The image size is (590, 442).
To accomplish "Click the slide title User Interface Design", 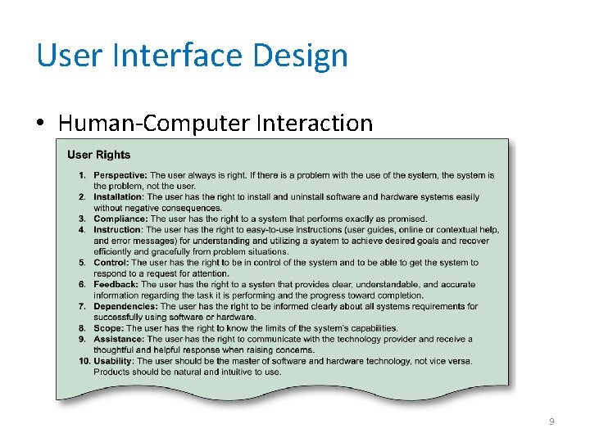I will (193, 56).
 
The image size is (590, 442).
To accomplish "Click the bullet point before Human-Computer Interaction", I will (40, 124).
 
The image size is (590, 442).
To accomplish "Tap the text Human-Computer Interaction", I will (216, 124).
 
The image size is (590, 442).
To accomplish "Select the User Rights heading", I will (98, 155).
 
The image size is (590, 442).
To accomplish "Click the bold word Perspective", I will (120, 175).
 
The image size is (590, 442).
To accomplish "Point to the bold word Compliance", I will (120, 219).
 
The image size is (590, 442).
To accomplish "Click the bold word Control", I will (111, 263).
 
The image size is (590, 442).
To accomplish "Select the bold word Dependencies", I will (125, 306).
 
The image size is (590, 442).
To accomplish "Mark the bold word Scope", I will (109, 328).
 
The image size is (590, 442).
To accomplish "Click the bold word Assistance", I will (119, 339).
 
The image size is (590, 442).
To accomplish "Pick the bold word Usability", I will (114, 361).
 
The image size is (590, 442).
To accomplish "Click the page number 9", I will (551, 422).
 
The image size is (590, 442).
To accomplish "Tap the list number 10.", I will (84, 361).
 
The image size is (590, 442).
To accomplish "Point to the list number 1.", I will (83, 175).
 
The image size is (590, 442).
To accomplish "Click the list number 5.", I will (83, 263).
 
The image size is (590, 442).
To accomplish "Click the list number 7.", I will (83, 306).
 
